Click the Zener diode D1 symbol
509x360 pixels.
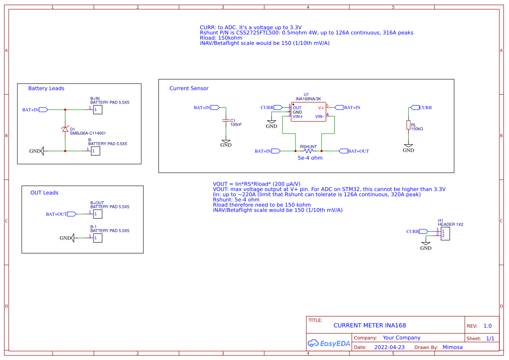[65, 129]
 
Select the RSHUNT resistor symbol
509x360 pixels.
[308, 151]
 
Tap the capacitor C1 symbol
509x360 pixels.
[226, 120]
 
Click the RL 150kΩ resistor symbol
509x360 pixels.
[408, 125]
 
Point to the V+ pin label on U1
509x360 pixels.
[321, 107]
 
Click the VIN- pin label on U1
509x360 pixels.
[319, 116]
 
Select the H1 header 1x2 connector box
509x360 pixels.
[445, 233]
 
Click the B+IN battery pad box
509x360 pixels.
[97, 110]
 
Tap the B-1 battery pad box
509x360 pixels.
[97, 238]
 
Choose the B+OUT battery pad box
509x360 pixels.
[97, 214]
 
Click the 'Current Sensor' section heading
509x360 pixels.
[189, 88]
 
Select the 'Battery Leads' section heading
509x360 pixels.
[46, 88]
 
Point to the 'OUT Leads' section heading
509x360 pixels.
[44, 193]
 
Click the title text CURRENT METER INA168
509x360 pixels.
[369, 325]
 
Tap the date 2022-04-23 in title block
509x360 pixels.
[389, 347]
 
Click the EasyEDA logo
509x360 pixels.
[329, 343]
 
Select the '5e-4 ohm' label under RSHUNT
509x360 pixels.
[310, 158]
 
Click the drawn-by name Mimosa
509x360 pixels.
[452, 347]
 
